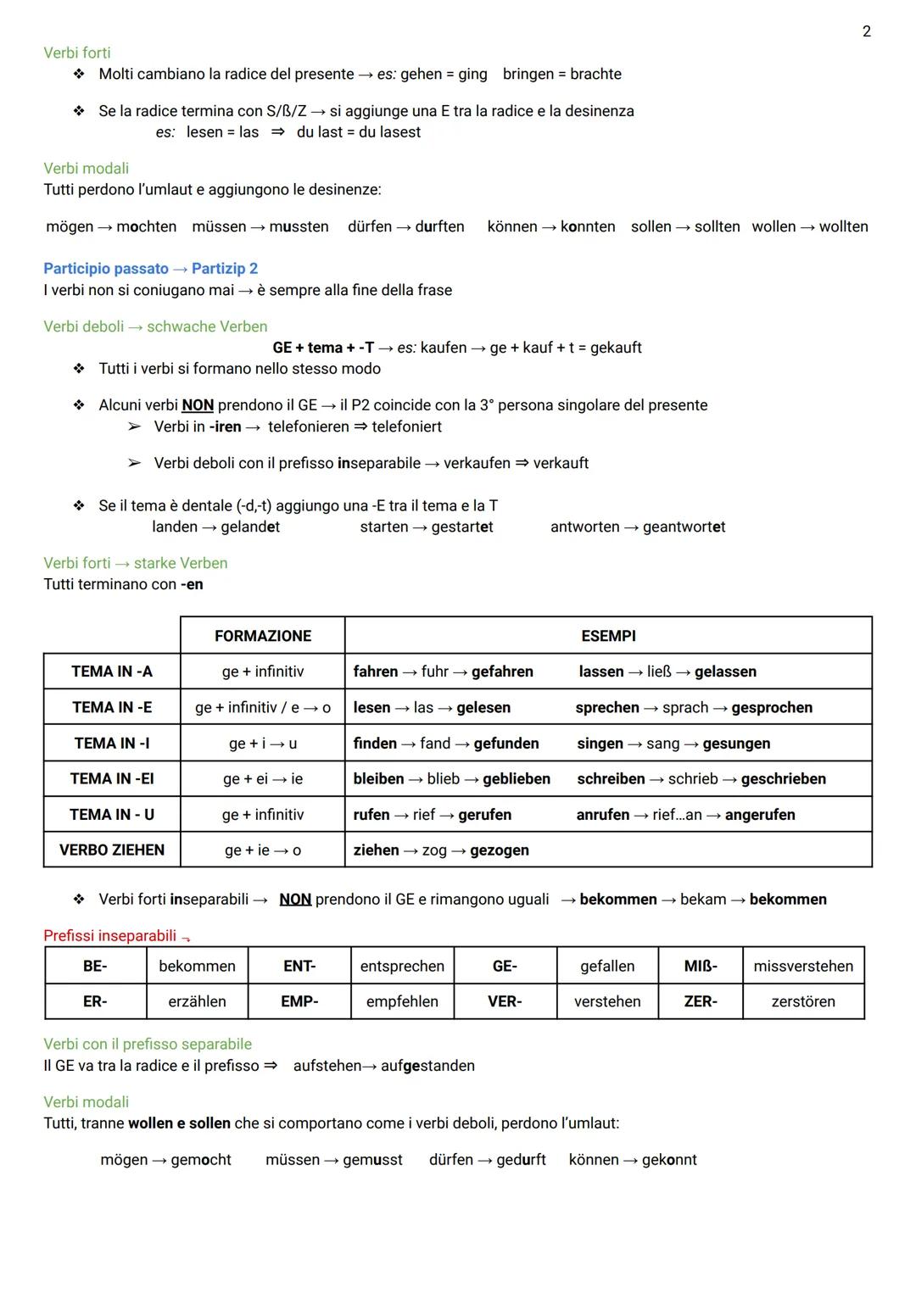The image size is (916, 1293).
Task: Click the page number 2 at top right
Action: tap(866, 31)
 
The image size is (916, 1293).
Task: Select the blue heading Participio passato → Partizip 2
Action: tap(150, 269)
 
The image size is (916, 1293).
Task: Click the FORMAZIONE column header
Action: tap(262, 636)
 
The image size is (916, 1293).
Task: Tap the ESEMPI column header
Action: tap(608, 636)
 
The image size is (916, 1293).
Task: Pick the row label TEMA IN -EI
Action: tap(112, 778)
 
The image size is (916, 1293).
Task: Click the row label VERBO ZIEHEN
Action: tap(112, 850)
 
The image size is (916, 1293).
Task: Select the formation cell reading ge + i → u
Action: tap(262, 744)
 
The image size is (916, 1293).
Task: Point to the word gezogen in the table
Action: tap(500, 850)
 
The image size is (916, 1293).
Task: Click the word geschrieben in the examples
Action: tap(783, 779)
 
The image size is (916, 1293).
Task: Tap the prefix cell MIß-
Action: tap(701, 967)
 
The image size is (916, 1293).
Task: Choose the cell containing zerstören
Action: tap(803, 1001)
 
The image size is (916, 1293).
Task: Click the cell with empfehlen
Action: tap(402, 1001)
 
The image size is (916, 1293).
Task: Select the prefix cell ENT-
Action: tap(299, 967)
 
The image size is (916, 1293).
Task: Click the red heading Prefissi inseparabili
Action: tap(110, 936)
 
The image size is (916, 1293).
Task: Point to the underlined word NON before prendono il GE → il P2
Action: tap(198, 405)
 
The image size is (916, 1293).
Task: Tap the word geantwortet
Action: tap(684, 527)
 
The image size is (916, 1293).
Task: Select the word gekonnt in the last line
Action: tap(669, 1160)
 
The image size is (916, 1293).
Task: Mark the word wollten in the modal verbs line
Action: tap(843, 227)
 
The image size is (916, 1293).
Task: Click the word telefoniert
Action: tap(406, 426)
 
